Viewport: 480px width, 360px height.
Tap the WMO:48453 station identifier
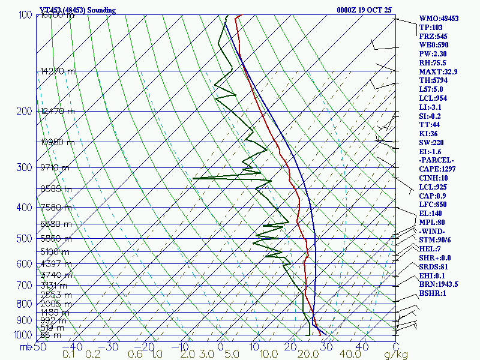click(x=439, y=19)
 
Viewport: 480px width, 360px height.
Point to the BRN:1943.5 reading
click(x=439, y=284)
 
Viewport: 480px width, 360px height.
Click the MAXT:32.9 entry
click(x=438, y=71)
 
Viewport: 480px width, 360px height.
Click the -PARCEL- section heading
click(x=437, y=160)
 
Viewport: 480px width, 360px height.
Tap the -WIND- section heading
click(x=433, y=231)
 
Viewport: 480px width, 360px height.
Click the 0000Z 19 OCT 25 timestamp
click(x=364, y=10)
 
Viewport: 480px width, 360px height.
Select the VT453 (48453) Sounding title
click(x=77, y=10)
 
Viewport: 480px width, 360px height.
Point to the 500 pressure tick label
click(x=23, y=239)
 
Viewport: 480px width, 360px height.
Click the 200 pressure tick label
click(x=23, y=111)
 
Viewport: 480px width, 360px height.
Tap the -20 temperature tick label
click(x=142, y=346)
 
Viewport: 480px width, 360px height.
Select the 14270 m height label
click(x=58, y=71)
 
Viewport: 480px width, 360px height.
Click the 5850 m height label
click(x=55, y=238)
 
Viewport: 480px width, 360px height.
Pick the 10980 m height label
click(x=58, y=142)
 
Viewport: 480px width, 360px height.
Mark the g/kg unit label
click(x=396, y=355)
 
